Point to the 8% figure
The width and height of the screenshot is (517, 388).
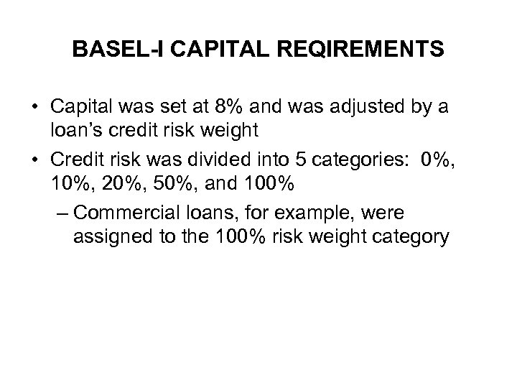(230, 107)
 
